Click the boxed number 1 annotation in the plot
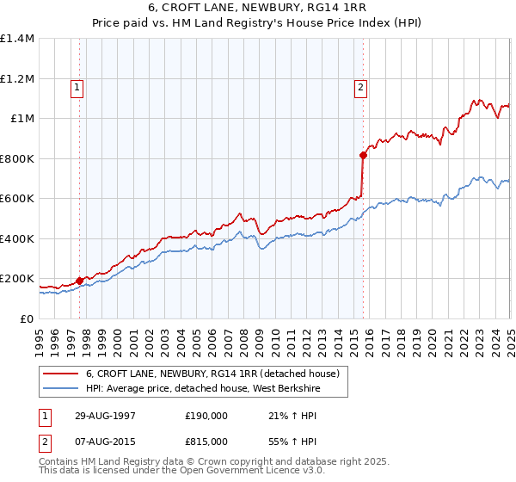pos(77,86)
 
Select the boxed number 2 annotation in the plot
pos(360,86)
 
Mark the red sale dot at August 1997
pos(80,280)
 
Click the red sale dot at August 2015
pos(362,155)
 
